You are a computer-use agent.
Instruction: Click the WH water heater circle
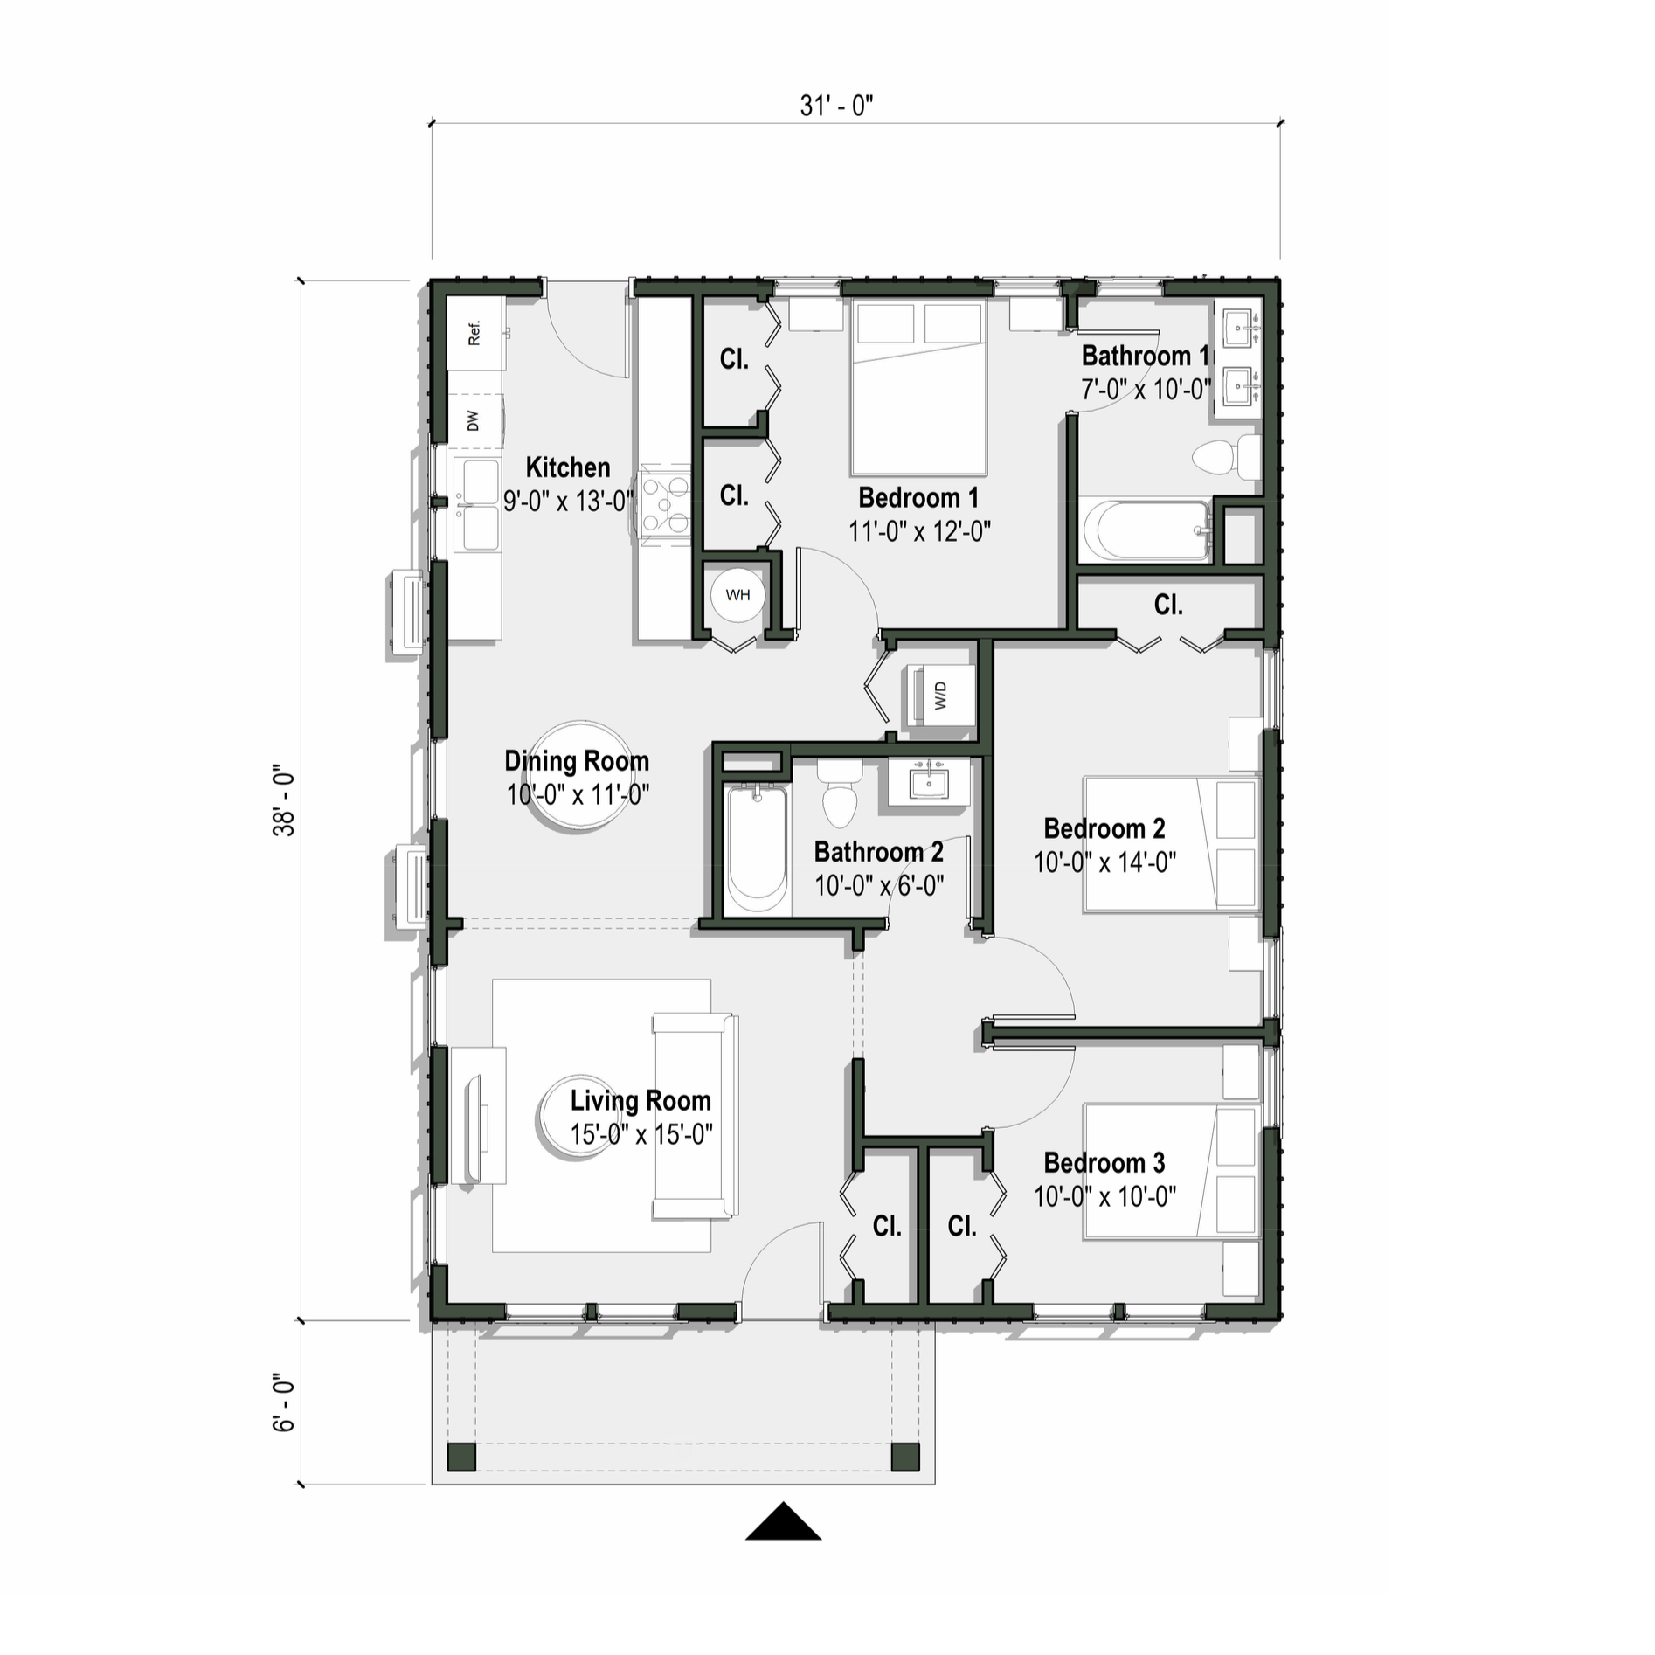737,595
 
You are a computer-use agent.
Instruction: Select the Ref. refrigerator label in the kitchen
474,333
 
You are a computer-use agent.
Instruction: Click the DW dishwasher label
474,421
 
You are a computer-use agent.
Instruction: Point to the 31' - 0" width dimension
836,106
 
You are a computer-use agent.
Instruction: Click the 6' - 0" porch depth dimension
285,1402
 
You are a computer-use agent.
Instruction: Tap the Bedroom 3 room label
1104,1163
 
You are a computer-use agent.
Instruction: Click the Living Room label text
641,1100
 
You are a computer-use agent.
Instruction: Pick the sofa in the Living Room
695,1117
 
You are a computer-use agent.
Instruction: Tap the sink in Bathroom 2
928,781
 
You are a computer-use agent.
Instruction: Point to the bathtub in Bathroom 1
1145,530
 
